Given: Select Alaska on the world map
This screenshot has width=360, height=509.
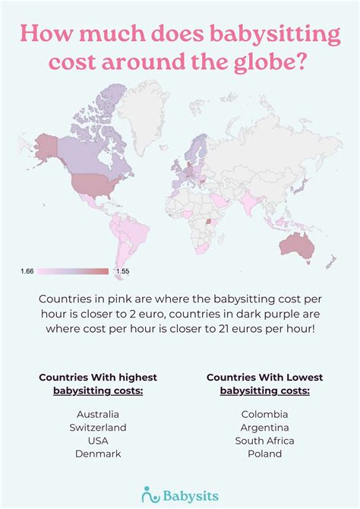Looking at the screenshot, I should [x=48, y=144].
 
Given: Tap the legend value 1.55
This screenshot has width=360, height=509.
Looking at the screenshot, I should [x=122, y=271].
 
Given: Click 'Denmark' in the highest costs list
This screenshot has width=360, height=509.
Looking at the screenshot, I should [x=98, y=454].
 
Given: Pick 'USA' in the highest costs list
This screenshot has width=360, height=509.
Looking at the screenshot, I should [x=98, y=441].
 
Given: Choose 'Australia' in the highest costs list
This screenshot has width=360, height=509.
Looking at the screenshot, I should [x=98, y=414].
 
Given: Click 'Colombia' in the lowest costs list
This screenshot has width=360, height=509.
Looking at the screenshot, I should [x=264, y=414].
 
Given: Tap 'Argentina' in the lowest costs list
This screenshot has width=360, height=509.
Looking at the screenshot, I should [x=264, y=427].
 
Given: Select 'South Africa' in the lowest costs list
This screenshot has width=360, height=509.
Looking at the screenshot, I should [x=264, y=441].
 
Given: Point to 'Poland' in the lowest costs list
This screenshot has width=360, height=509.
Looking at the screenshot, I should [x=264, y=454].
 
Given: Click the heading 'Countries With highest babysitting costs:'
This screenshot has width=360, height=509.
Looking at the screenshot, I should [x=98, y=384].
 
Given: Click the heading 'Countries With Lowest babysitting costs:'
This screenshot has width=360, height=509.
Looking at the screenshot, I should [x=264, y=384].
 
